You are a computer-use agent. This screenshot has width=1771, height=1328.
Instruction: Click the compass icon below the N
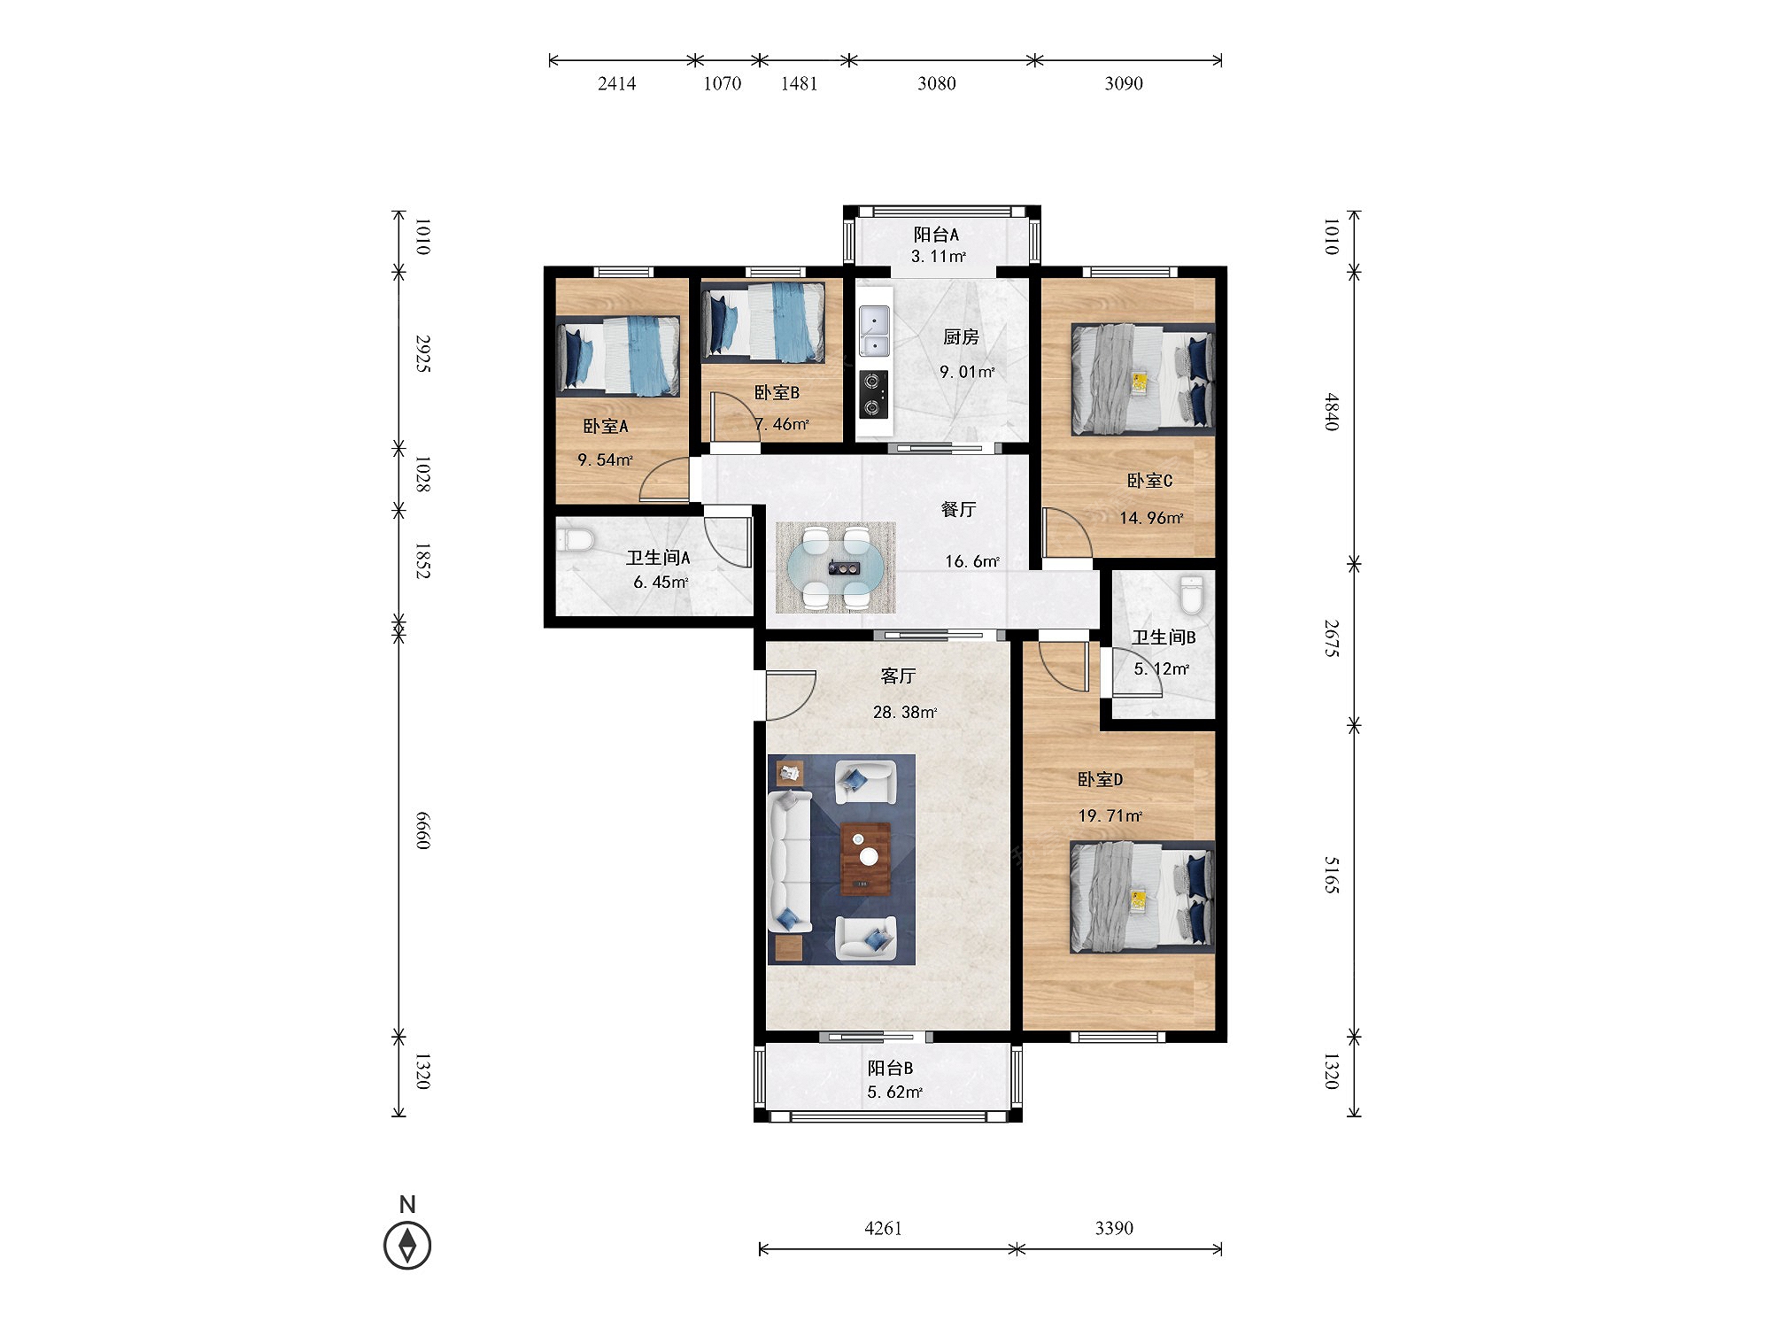[x=407, y=1245]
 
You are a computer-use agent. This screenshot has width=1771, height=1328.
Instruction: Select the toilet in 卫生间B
[x=1192, y=595]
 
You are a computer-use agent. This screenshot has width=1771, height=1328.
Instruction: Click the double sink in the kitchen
[x=874, y=331]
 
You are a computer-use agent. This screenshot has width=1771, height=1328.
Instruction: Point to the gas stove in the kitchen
[x=874, y=395]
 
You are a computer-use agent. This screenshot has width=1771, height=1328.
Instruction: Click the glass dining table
[x=835, y=567]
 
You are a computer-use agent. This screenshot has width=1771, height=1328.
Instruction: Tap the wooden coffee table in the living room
[x=865, y=859]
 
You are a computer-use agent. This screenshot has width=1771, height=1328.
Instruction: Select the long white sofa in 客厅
[x=790, y=862]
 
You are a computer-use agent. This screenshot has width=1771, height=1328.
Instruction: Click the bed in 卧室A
[x=618, y=356]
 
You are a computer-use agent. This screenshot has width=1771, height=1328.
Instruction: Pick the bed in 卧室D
[x=1142, y=897]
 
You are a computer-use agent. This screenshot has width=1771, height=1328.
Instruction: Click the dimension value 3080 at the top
[x=936, y=83]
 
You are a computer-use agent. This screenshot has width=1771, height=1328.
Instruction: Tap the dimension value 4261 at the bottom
[x=883, y=1228]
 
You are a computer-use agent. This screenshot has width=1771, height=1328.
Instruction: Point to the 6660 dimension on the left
[x=423, y=830]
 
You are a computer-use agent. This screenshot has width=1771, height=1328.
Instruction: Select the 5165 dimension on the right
[x=1331, y=875]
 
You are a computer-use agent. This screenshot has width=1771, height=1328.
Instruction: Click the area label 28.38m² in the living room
[x=905, y=712]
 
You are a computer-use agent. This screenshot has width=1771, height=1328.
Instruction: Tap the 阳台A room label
[x=936, y=235]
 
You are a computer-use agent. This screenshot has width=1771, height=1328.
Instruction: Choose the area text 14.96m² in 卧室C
[x=1151, y=518]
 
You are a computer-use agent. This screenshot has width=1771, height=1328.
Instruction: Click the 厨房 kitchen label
[x=961, y=337]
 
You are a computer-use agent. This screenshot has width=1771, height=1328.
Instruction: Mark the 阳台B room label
[x=890, y=1069]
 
